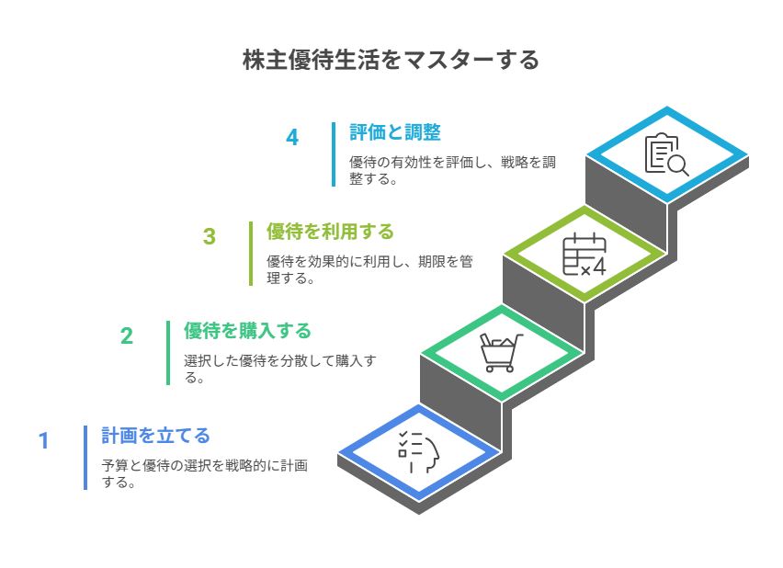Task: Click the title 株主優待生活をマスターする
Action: coord(391,60)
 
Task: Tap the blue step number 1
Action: coord(44,440)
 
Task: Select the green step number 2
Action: coord(127,336)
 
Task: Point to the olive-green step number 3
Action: coord(210,237)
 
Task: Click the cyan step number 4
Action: coord(292,137)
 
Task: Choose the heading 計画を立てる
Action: coord(155,436)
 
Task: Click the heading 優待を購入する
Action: coord(247,331)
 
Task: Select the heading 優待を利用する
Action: coord(330,232)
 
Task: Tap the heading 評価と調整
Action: coord(395,132)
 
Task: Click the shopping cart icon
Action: coord(501,353)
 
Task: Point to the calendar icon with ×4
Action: coord(584,254)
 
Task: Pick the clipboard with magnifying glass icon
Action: coord(666,154)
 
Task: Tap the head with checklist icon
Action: coord(418,452)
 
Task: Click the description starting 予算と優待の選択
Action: coord(204,473)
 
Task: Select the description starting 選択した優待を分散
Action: coord(279,369)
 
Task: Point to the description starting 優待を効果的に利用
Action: coord(369,269)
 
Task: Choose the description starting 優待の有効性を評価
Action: coord(452,170)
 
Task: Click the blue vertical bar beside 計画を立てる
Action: coord(85,458)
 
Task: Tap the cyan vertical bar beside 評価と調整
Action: coord(334,154)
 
